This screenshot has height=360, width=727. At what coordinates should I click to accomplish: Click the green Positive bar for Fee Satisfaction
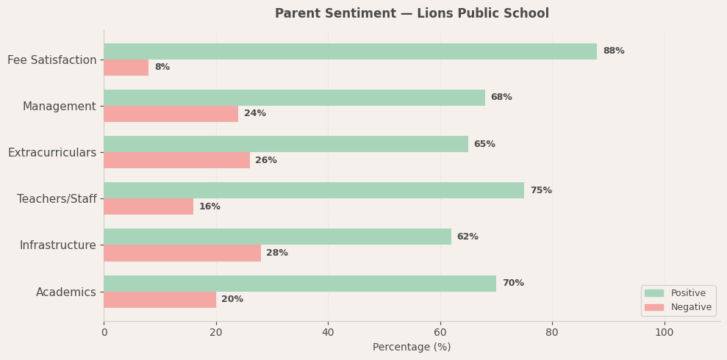point(350,51)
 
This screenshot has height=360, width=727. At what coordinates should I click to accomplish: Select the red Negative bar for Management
point(171,114)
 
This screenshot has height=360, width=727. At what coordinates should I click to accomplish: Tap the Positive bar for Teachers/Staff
point(314,190)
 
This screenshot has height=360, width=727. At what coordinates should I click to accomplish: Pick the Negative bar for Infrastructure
point(182,253)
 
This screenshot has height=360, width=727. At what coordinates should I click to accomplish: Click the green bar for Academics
point(300,284)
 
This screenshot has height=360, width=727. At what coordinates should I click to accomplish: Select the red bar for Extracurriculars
point(176,160)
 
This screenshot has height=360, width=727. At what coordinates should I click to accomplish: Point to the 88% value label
point(613,51)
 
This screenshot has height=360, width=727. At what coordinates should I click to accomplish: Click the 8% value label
point(162,68)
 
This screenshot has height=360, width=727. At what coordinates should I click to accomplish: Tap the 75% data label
point(540,191)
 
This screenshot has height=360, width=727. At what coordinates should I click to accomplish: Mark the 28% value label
point(276,253)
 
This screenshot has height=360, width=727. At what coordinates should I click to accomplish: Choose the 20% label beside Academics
point(232,300)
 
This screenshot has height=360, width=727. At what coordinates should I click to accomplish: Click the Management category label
point(59,107)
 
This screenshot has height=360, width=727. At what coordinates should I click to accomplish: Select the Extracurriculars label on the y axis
point(51,153)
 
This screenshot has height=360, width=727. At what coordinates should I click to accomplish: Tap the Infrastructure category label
point(57,245)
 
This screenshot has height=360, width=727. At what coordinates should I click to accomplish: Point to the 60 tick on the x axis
point(440,332)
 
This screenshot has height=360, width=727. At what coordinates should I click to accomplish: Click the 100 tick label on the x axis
point(664,332)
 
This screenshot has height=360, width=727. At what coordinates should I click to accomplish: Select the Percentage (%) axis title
point(412,348)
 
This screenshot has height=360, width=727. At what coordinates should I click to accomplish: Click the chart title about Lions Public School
point(412,14)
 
